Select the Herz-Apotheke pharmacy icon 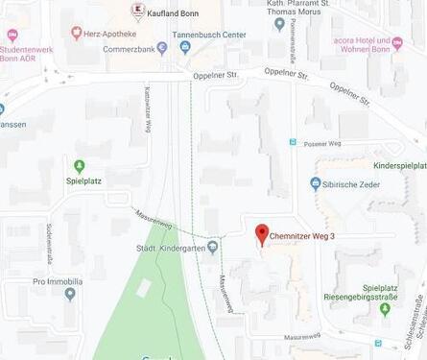click(77, 33)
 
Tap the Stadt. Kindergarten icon click(213, 247)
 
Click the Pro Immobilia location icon click(70, 295)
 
